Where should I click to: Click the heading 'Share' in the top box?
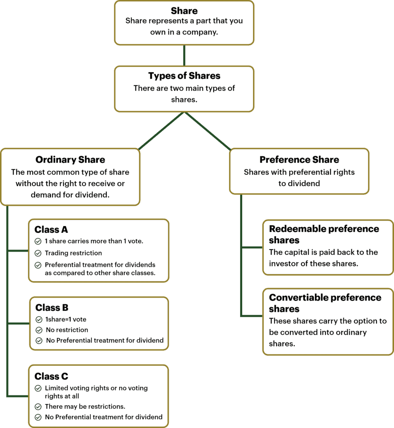coord(184,11)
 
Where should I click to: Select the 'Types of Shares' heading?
coord(184,76)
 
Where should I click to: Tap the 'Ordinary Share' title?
coord(70,160)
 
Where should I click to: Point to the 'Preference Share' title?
coord(299,160)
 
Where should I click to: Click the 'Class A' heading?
coord(51,229)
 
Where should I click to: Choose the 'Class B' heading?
coord(52,308)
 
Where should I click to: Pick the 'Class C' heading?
coord(51,376)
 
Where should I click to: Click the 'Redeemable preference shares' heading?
coord(324,234)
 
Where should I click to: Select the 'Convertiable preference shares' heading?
coord(325,303)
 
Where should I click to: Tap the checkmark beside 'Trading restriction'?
coord(38,253)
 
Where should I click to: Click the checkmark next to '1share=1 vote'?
coord(39,319)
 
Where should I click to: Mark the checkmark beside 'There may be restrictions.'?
coord(38,407)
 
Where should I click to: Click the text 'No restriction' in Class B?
coord(67,330)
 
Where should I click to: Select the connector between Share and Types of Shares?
coord(184,55)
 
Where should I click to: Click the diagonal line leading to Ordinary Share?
coord(161,131)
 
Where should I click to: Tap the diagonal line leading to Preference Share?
coord(208,131)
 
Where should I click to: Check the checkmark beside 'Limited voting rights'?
coord(38,388)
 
